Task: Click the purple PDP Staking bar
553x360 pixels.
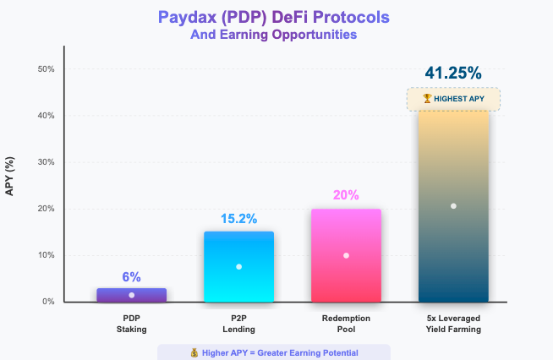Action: pyautogui.click(x=132, y=294)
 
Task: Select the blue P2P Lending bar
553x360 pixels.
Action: pyautogui.click(x=238, y=266)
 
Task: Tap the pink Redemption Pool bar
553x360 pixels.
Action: pyautogui.click(x=346, y=255)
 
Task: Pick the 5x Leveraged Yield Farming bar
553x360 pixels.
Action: pyautogui.click(x=453, y=205)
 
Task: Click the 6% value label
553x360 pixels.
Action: pyautogui.click(x=131, y=276)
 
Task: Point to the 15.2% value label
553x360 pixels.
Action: pyautogui.click(x=238, y=219)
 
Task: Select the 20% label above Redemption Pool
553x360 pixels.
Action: pyautogui.click(x=346, y=195)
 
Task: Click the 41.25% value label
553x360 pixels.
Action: pyautogui.click(x=453, y=73)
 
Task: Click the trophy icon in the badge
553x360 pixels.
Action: pyautogui.click(x=427, y=99)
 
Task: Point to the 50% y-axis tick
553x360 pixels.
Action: pyautogui.click(x=47, y=69)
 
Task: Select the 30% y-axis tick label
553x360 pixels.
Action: pyautogui.click(x=47, y=162)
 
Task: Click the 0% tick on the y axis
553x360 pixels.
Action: pyautogui.click(x=49, y=302)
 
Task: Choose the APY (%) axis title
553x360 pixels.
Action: pyautogui.click(x=11, y=174)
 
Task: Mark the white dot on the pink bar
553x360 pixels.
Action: pyautogui.click(x=346, y=255)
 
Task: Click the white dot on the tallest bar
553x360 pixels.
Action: pyautogui.click(x=453, y=205)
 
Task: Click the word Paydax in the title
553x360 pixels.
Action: pyautogui.click(x=188, y=18)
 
